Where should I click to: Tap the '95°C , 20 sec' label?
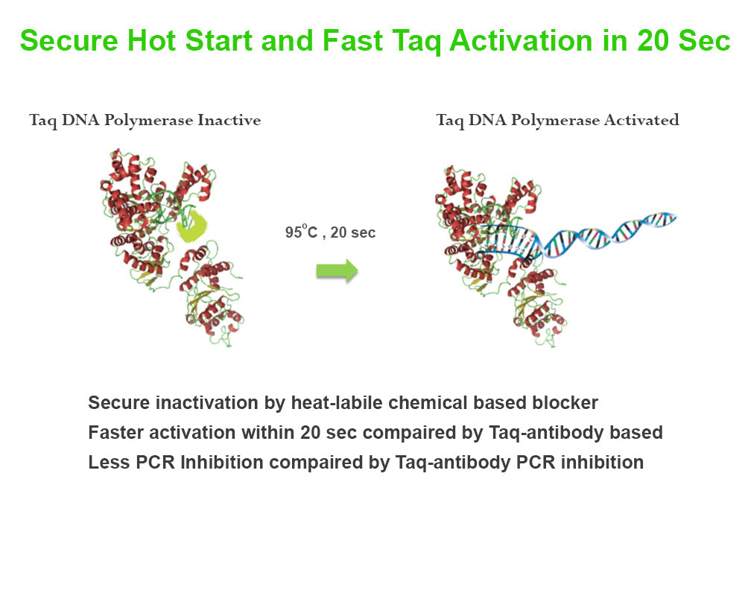click(x=330, y=232)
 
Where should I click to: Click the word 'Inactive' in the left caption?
click(x=229, y=120)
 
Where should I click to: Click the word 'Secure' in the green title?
click(x=69, y=41)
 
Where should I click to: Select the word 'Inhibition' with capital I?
click(x=221, y=463)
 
